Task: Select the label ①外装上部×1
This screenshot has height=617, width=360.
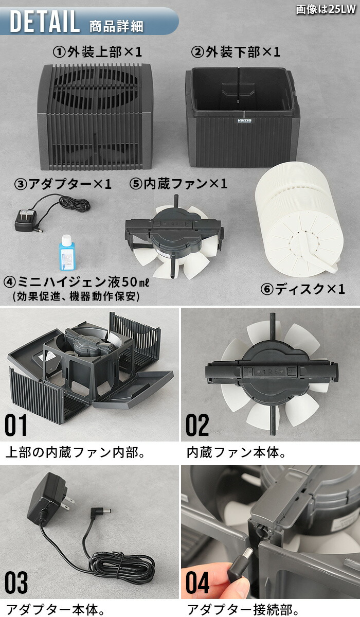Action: pos(97,52)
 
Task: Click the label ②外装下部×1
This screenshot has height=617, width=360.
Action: pos(236,52)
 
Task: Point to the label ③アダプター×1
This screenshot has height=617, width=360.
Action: pos(63,184)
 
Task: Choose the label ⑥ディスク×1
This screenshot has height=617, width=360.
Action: pos(302,289)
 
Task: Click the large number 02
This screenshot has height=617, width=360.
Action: pos(197,426)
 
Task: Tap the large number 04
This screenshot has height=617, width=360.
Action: pos(198,583)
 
